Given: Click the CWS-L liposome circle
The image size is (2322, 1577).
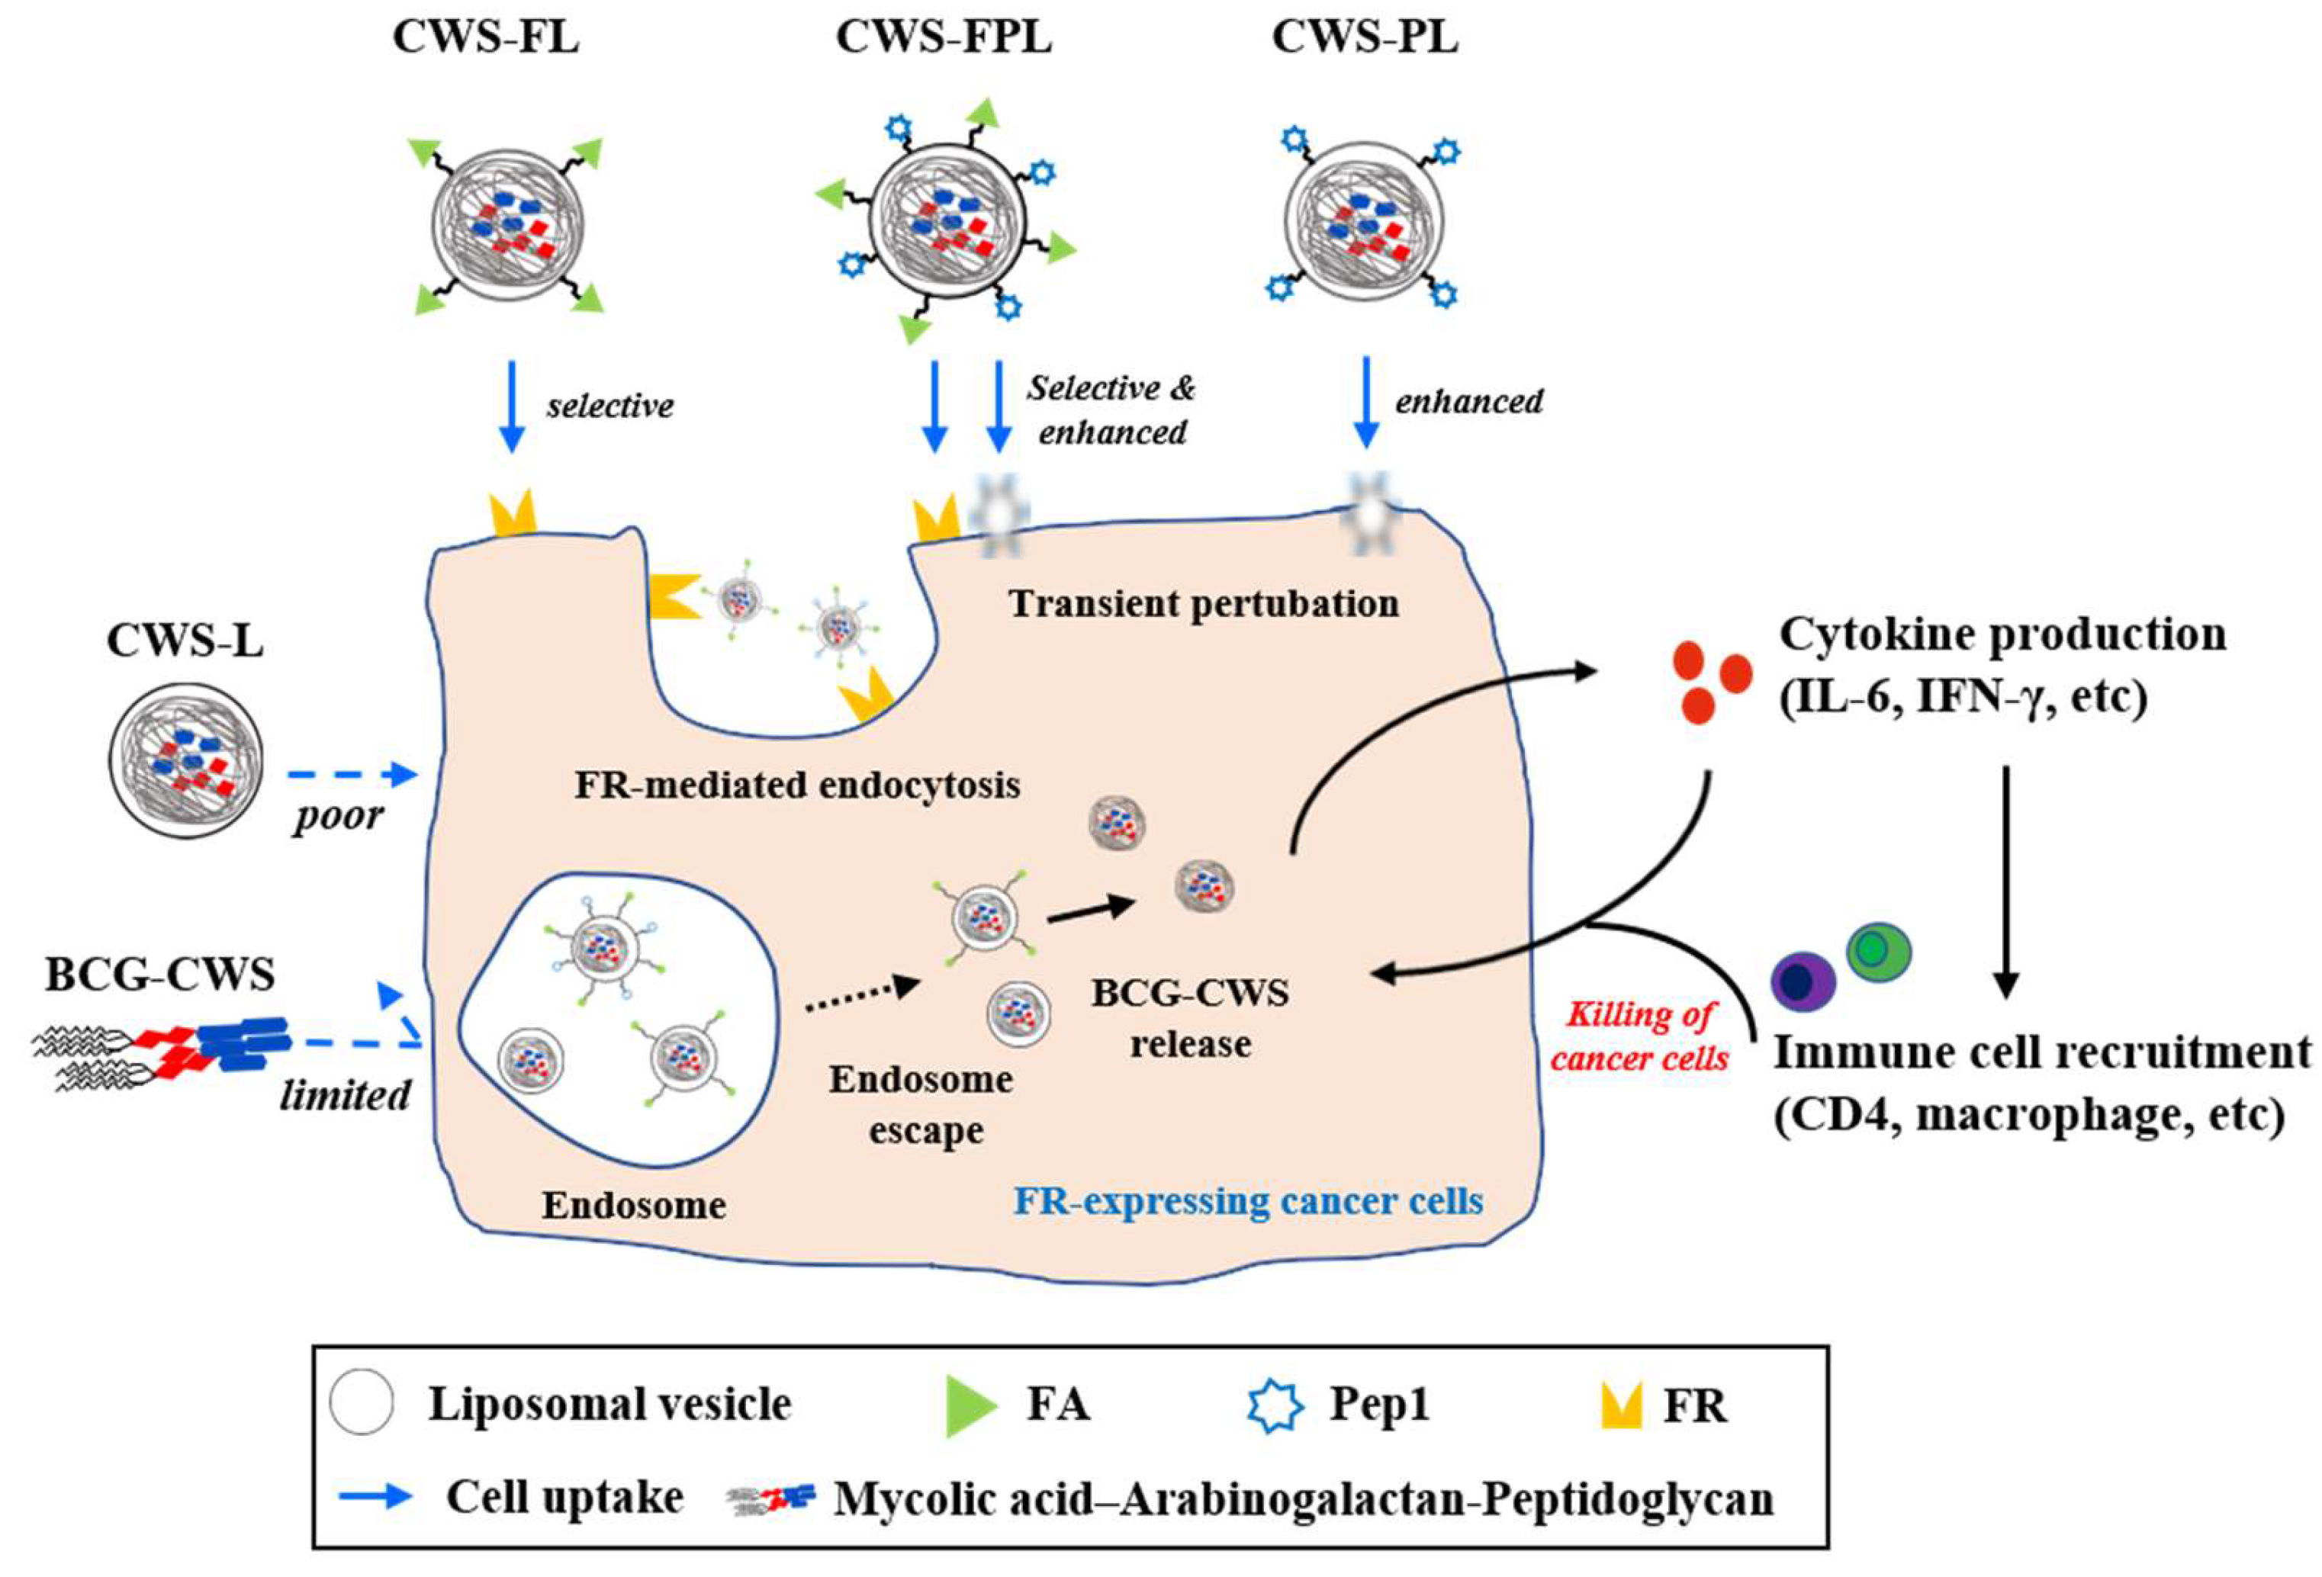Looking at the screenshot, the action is coord(186,759).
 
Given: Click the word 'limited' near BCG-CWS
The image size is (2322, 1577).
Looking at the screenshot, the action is coord(346,1096).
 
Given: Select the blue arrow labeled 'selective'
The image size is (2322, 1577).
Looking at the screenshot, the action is coord(512,407).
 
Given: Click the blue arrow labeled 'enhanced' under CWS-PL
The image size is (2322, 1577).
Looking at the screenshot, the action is coord(1366,403).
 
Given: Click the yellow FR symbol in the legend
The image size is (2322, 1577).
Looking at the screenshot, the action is coord(1622,1406).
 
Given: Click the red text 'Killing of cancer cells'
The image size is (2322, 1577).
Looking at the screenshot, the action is coord(1639,1036).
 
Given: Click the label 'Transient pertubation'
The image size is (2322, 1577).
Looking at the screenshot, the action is coord(1204,603).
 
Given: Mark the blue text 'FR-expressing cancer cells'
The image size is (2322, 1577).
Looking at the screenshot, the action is coord(1249,1200).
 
